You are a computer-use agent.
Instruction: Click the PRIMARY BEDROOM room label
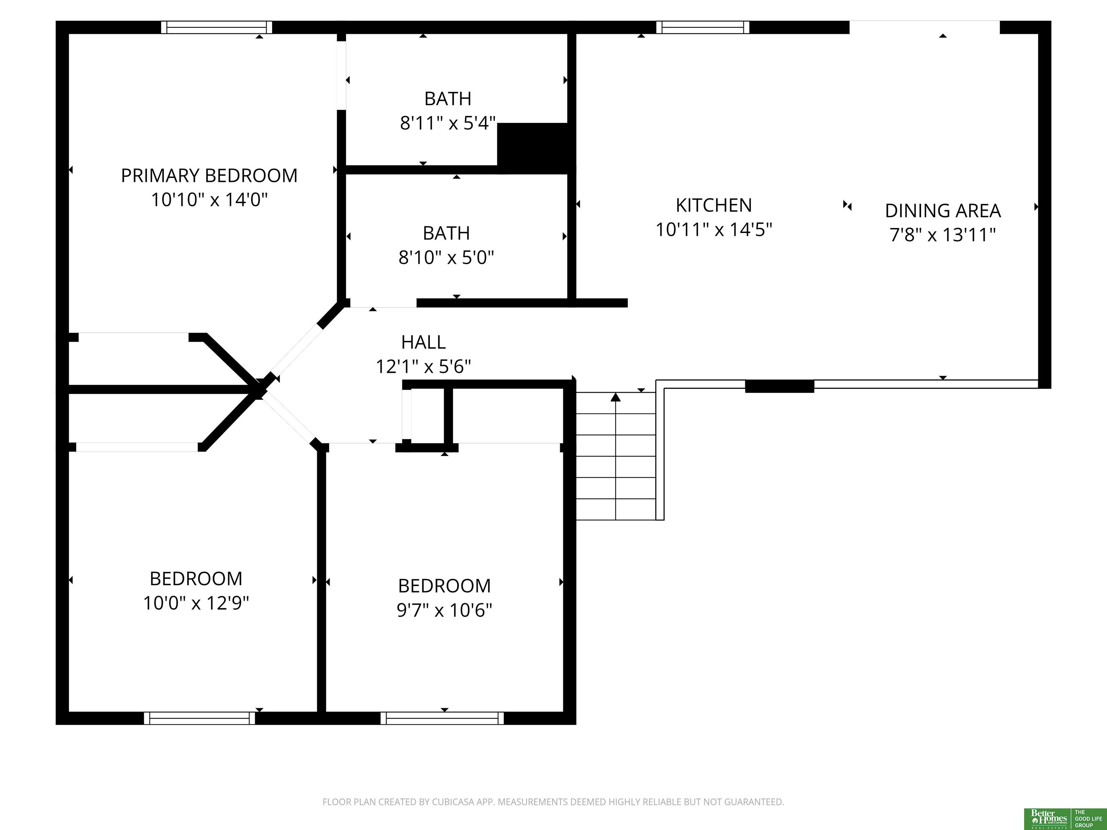point(209,175)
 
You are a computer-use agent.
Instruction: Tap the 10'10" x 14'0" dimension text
point(209,200)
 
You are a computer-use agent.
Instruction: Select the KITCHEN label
point(713,205)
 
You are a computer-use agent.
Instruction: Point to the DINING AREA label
point(943,211)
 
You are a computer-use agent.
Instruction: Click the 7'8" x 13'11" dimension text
point(943,235)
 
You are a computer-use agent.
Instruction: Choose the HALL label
point(423,342)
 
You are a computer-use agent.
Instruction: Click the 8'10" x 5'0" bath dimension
point(446,257)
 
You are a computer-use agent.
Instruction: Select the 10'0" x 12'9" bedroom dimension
point(196,603)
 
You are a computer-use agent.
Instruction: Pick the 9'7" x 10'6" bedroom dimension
point(444,610)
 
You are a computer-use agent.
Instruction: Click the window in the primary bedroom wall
point(217,27)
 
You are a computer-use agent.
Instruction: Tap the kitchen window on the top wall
point(703,27)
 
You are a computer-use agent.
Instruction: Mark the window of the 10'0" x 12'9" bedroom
point(200,718)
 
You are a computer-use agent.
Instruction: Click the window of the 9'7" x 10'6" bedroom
point(443,718)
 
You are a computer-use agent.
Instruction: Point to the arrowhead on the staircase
point(615,397)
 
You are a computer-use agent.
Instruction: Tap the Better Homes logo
point(1048,818)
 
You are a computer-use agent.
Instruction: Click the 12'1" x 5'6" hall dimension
point(423,367)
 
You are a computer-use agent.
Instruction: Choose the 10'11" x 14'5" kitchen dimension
point(713,229)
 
